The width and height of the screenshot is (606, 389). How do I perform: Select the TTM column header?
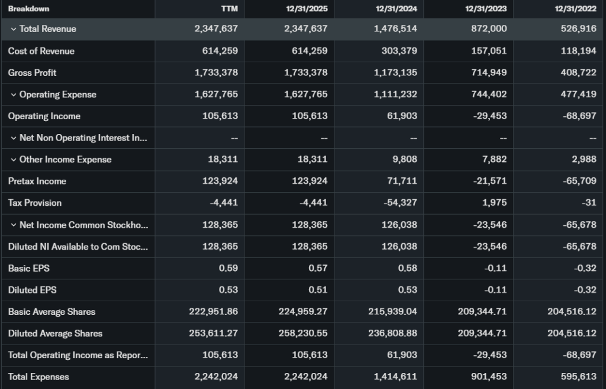(229, 9)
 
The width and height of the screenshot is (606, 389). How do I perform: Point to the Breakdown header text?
(28, 9)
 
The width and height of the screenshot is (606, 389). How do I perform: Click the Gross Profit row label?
(32, 72)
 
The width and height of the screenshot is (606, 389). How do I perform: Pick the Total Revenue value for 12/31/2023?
(488, 28)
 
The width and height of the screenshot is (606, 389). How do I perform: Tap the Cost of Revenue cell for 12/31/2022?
(578, 51)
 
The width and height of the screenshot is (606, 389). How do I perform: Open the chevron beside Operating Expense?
(14, 94)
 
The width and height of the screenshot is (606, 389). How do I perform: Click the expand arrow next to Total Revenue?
(14, 29)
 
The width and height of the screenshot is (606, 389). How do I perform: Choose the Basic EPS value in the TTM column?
(228, 268)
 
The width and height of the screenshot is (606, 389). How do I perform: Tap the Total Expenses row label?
(38, 377)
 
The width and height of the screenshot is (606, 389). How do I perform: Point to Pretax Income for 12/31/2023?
(489, 181)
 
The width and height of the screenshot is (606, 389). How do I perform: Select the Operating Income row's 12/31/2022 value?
(579, 116)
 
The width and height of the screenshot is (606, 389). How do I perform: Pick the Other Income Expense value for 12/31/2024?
(405, 160)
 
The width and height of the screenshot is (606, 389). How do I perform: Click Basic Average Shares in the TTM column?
(212, 311)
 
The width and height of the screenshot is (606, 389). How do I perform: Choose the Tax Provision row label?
(35, 203)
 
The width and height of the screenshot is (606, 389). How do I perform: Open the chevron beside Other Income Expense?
(14, 160)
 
